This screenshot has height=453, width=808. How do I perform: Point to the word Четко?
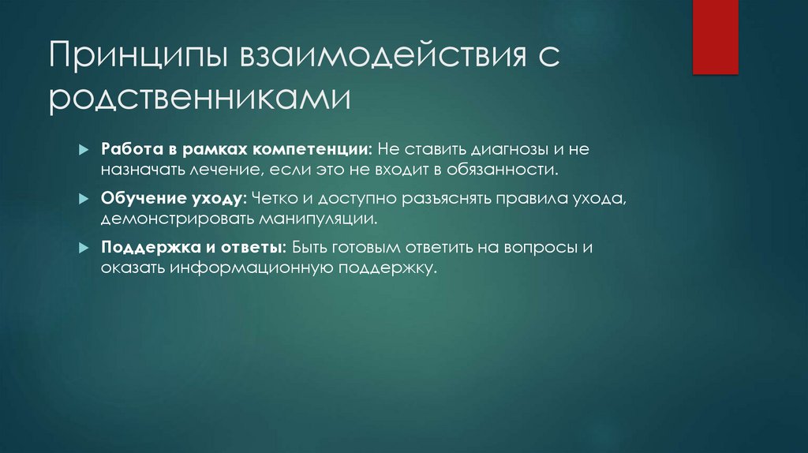coord(273,198)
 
